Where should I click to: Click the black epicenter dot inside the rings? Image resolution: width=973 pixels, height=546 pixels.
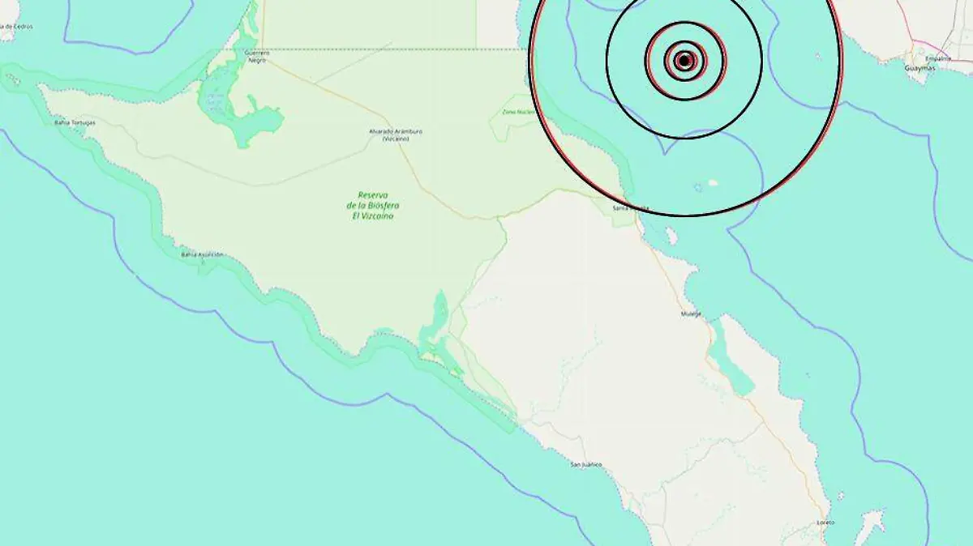click(684, 60)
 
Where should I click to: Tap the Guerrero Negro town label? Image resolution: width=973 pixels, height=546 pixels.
click(255, 57)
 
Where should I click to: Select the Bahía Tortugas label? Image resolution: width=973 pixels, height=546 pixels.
click(75, 123)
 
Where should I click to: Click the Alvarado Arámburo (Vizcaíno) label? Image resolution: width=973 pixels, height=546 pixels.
click(396, 134)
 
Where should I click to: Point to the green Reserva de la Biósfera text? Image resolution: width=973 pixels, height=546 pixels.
click(372, 205)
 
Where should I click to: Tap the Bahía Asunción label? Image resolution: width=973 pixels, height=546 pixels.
click(202, 254)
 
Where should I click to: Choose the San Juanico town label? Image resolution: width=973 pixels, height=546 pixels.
click(586, 464)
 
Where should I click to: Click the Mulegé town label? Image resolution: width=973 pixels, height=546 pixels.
click(691, 314)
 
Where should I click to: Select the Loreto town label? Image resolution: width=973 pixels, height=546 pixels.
click(825, 522)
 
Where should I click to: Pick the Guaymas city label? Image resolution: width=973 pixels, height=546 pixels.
click(919, 69)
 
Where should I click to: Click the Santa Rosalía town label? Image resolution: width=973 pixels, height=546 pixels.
click(631, 208)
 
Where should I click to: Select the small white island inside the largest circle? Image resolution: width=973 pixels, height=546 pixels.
click(713, 182)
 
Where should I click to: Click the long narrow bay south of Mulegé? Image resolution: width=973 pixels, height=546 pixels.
click(730, 356)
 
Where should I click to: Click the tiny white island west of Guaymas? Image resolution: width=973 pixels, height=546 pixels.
click(817, 57)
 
